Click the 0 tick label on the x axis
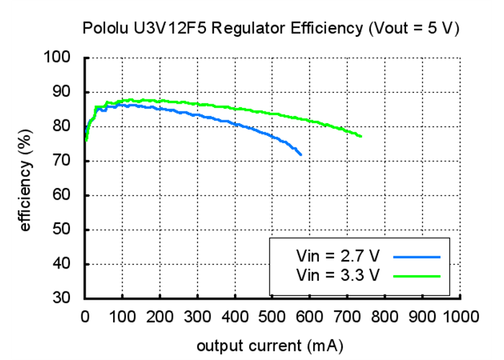click(x=85, y=315)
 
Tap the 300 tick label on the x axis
click(x=197, y=315)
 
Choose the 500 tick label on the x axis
click(x=273, y=315)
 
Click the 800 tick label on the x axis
click(x=385, y=315)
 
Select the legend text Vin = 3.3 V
click(x=337, y=274)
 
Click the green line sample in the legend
click(x=416, y=274)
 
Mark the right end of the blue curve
click(x=301, y=155)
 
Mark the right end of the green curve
click(x=361, y=137)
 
